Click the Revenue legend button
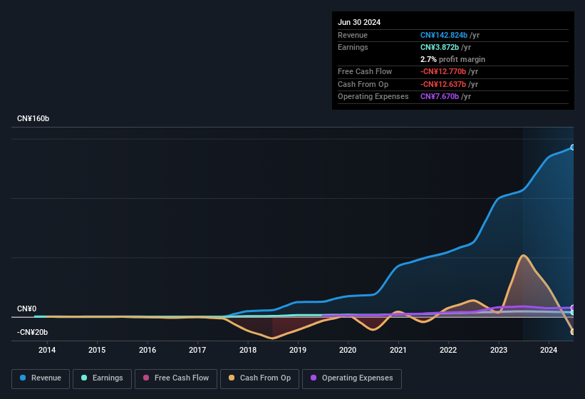[41, 378]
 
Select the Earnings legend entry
[101, 378]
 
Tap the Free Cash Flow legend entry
[175, 378]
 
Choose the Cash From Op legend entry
[259, 378]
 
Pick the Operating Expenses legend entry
[351, 378]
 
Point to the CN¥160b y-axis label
[33, 118]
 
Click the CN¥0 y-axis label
[26, 309]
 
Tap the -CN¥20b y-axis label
[33, 333]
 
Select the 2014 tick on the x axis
[47, 350]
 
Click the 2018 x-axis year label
[248, 350]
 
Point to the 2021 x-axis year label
[398, 350]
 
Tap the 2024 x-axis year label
[549, 350]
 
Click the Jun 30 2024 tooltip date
[359, 22]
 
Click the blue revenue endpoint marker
[573, 147]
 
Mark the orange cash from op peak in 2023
[524, 255]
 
